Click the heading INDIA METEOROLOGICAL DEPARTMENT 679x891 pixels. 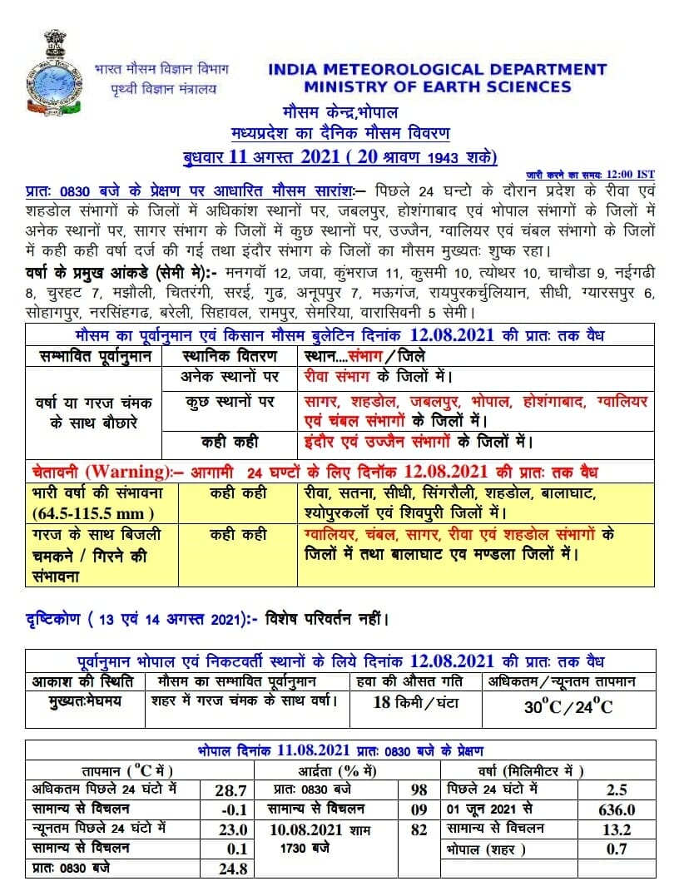tap(437, 70)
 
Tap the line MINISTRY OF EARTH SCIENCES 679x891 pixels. tap(437, 87)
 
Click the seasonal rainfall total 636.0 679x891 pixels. tap(617, 809)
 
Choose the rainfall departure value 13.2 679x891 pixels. tap(617, 829)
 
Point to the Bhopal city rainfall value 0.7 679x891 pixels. tap(617, 849)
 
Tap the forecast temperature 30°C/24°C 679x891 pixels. tap(568, 706)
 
